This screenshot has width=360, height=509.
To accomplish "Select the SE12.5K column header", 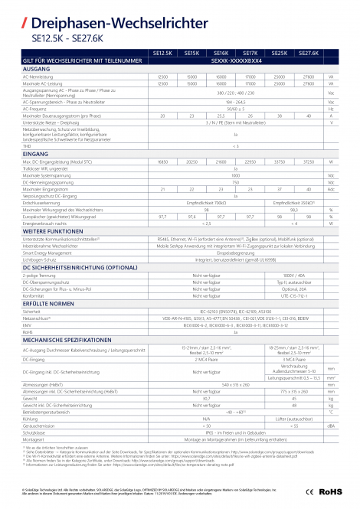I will click(162, 53).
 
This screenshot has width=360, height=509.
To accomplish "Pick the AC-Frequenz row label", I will click(38, 108).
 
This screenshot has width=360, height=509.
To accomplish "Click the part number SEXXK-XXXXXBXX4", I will click(235, 60).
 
